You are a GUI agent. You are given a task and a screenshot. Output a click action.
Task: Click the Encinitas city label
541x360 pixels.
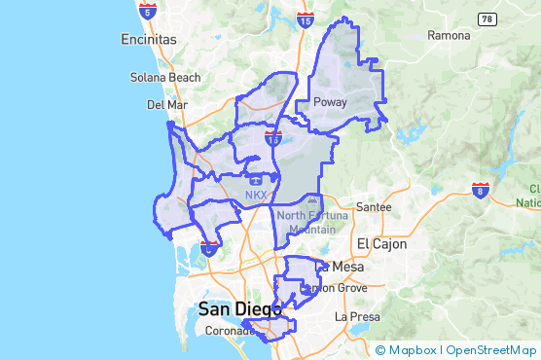(x=149, y=40)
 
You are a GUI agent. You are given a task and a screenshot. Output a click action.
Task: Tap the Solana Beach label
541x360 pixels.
(x=165, y=78)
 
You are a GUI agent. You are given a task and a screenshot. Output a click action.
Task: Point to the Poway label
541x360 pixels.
(x=330, y=101)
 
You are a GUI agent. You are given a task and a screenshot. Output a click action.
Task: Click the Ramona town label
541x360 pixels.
(x=449, y=35)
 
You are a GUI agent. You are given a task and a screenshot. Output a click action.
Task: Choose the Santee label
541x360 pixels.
(x=374, y=207)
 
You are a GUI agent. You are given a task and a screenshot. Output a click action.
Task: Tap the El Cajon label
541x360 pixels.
(x=379, y=242)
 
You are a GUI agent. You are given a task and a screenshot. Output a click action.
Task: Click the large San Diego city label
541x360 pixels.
(x=239, y=309)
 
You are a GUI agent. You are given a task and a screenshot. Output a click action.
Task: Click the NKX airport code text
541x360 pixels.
(x=255, y=195)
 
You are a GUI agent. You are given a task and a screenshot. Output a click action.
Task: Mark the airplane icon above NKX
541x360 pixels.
(x=255, y=180)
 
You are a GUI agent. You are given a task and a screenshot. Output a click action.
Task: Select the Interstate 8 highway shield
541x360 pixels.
(x=480, y=190)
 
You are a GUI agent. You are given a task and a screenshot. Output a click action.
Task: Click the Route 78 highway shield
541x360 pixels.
(x=487, y=19)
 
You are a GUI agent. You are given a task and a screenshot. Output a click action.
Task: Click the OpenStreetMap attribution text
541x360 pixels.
(x=490, y=350)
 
